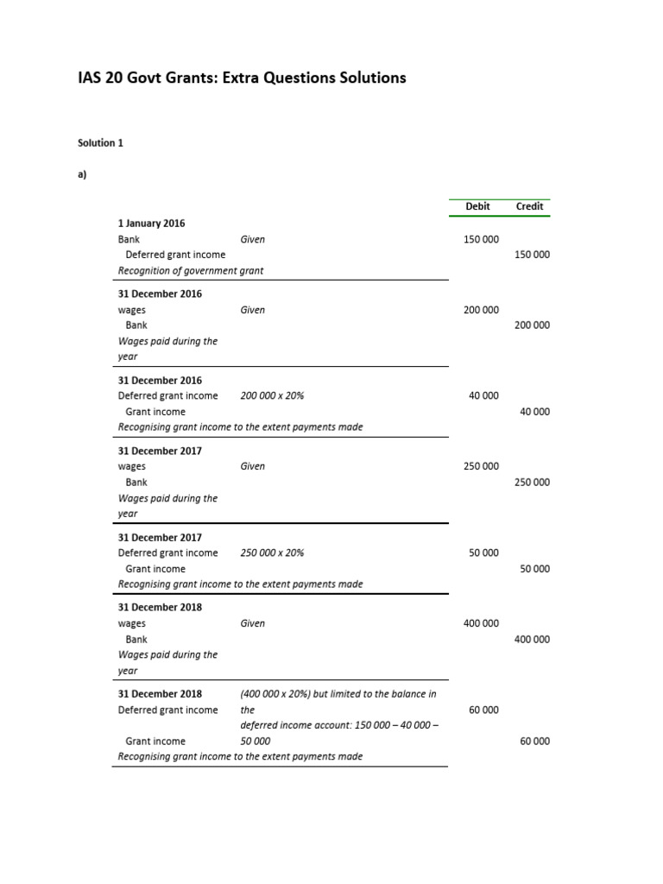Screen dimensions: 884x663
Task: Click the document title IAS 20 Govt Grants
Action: coord(242,79)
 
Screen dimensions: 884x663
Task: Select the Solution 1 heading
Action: coord(100,143)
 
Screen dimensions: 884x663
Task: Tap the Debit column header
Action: coord(477,206)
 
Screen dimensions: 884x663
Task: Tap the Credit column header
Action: coord(529,206)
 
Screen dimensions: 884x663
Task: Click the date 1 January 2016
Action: coord(151,223)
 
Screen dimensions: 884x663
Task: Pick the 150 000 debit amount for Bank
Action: coord(481,239)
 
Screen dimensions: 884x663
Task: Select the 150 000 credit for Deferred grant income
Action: coord(532,255)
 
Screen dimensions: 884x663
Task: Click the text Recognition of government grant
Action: coord(191,270)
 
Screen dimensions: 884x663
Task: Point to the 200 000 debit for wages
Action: coord(481,310)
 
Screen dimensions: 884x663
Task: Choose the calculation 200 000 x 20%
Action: coord(272,396)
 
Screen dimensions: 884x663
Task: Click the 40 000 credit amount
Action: coord(534,412)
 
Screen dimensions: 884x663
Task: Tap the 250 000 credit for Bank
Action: coord(532,483)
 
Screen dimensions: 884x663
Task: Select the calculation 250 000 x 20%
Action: coord(272,553)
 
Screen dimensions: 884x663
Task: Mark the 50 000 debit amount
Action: coord(483,552)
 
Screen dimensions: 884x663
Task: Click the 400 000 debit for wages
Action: coord(481,623)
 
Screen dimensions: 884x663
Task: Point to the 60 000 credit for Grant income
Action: coord(534,742)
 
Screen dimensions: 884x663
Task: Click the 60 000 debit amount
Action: coord(483,710)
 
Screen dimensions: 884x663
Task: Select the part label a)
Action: coord(83,174)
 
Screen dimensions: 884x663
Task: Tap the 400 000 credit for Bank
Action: coord(532,640)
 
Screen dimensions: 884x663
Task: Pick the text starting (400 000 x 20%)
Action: coord(338,694)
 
